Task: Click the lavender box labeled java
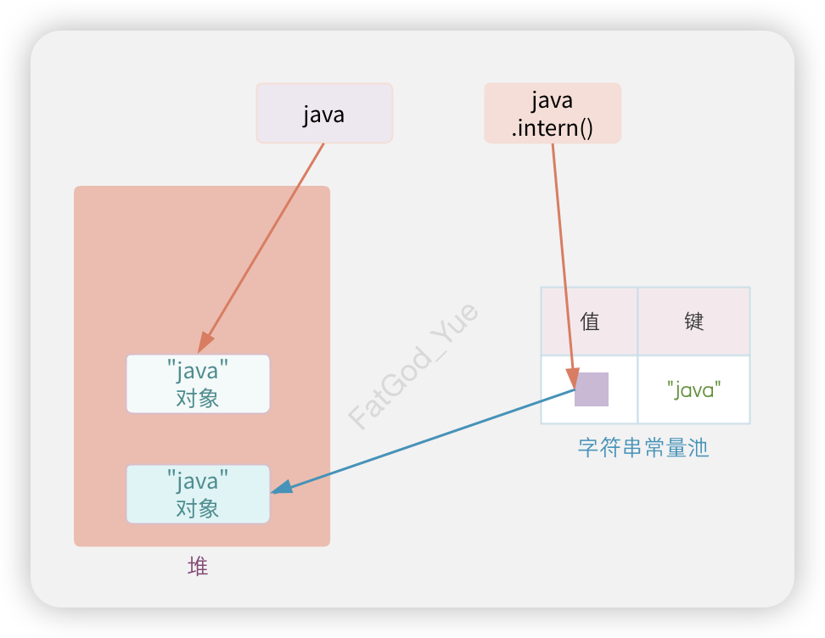click(x=324, y=113)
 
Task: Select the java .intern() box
click(x=553, y=113)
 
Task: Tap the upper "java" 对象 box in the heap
click(x=198, y=383)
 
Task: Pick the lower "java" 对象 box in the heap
click(x=198, y=494)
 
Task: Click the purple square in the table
click(x=592, y=389)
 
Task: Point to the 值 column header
click(x=590, y=322)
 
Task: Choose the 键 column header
click(x=694, y=322)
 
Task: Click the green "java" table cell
click(x=694, y=389)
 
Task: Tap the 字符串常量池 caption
click(x=643, y=448)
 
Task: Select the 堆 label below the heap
click(x=198, y=567)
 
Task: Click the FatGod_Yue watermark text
click(x=414, y=367)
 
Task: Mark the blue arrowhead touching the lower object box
click(x=281, y=489)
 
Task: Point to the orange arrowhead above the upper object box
click(x=205, y=344)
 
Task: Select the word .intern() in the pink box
click(x=553, y=128)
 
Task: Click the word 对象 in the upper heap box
click(x=198, y=398)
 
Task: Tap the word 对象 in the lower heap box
click(x=198, y=508)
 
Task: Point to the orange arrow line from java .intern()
click(x=563, y=255)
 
